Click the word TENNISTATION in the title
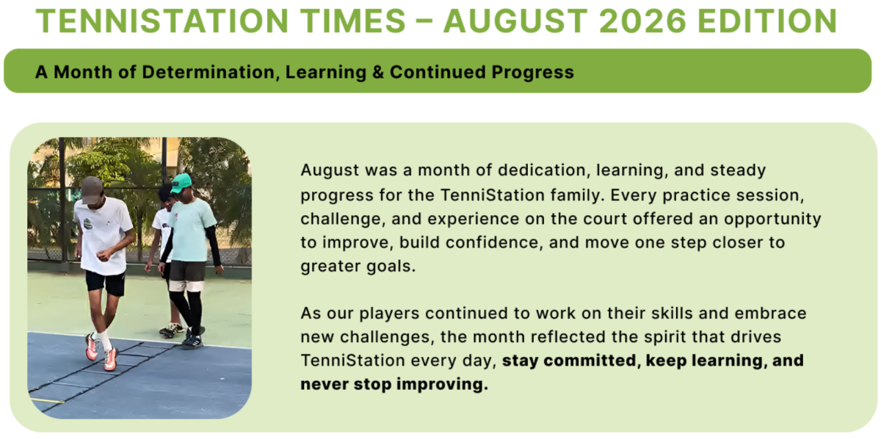click(x=162, y=21)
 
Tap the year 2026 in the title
click(x=642, y=21)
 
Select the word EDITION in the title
click(x=767, y=21)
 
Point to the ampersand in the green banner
click(x=378, y=73)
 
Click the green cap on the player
click(x=181, y=184)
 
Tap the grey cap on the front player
click(x=92, y=189)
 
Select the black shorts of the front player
click(x=105, y=283)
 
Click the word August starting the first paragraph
click(x=330, y=171)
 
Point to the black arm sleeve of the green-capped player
click(x=214, y=244)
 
